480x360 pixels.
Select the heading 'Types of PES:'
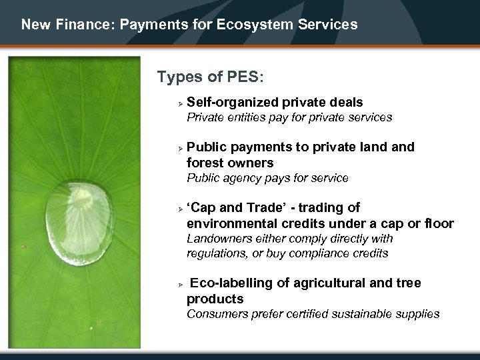click(211, 77)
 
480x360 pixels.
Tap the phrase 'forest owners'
click(230, 163)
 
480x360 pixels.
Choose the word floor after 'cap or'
click(439, 223)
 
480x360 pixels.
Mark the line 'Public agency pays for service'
click(267, 178)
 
